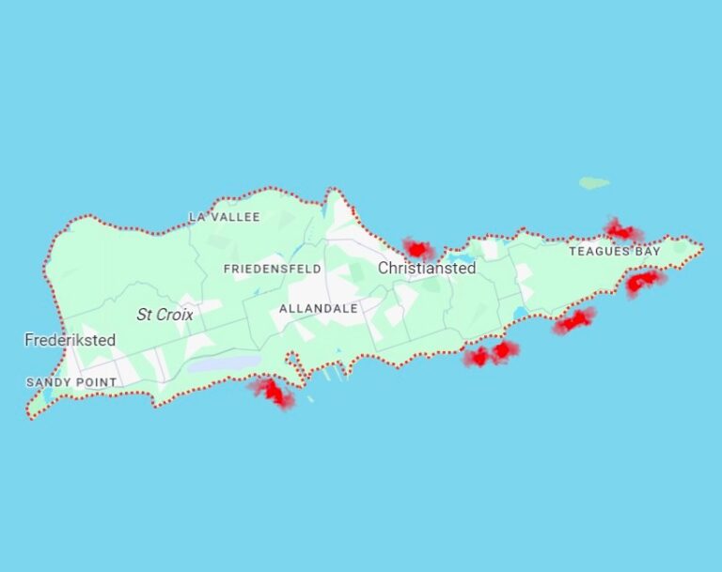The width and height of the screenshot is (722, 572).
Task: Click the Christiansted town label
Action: pos(427,269)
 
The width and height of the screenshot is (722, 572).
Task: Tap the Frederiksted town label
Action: pos(71,340)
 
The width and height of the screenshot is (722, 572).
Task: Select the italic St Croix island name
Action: pos(165,315)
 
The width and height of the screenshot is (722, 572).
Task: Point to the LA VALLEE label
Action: pos(224,217)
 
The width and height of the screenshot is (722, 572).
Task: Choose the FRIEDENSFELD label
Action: pos(272,269)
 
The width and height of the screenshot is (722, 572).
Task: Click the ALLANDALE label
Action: pos(318,308)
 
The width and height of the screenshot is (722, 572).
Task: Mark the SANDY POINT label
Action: pos(71,382)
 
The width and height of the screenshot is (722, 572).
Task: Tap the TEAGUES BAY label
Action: pos(614,252)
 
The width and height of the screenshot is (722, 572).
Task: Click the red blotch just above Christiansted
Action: pos(418,249)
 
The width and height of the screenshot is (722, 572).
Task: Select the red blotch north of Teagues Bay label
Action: pos(621,231)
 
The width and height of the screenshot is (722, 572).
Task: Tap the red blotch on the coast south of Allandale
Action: pos(273,392)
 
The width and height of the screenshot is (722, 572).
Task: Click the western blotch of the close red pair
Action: pos(478,357)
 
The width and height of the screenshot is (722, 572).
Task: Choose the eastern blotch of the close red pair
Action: pos(505,350)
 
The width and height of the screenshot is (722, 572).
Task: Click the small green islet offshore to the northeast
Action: pos(593,183)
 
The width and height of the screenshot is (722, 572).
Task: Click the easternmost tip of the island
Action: pos(701,247)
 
